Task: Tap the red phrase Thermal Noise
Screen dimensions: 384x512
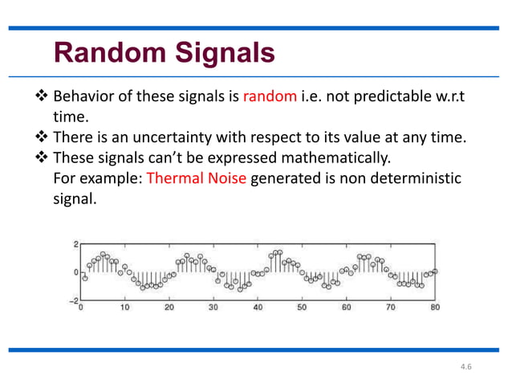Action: click(197, 177)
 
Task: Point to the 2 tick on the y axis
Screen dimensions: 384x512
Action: click(75, 243)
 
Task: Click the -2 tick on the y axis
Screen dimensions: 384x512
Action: click(73, 301)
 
